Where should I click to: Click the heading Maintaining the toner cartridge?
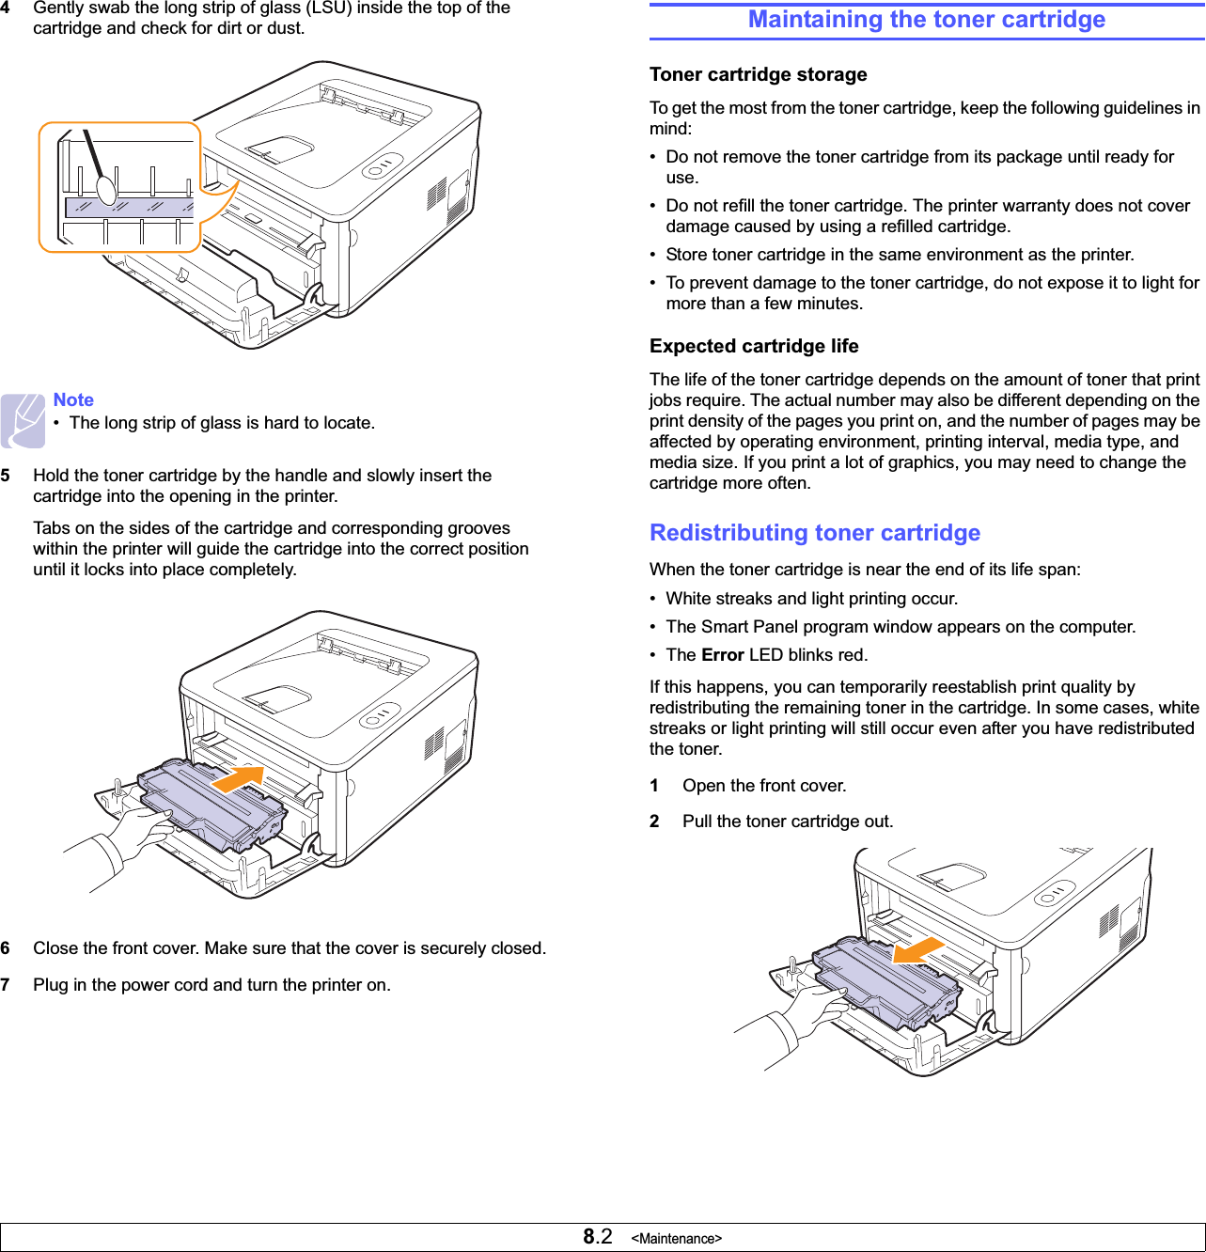pos(926,20)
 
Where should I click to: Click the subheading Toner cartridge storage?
pos(758,74)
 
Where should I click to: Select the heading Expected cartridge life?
pos(754,346)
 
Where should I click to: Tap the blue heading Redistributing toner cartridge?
pos(814,533)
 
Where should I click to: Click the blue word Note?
pos(73,399)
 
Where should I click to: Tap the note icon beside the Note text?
pos(23,420)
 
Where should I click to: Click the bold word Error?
pos(722,655)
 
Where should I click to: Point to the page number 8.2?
pos(597,1237)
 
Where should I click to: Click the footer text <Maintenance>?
pos(676,1239)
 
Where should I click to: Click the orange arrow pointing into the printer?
pos(237,779)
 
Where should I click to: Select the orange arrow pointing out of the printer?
pos(918,949)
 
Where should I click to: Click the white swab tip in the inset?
pos(107,189)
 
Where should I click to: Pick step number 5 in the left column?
pos(6,476)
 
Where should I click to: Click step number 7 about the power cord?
pos(6,985)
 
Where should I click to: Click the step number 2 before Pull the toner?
pos(654,822)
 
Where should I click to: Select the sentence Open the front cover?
pos(764,786)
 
